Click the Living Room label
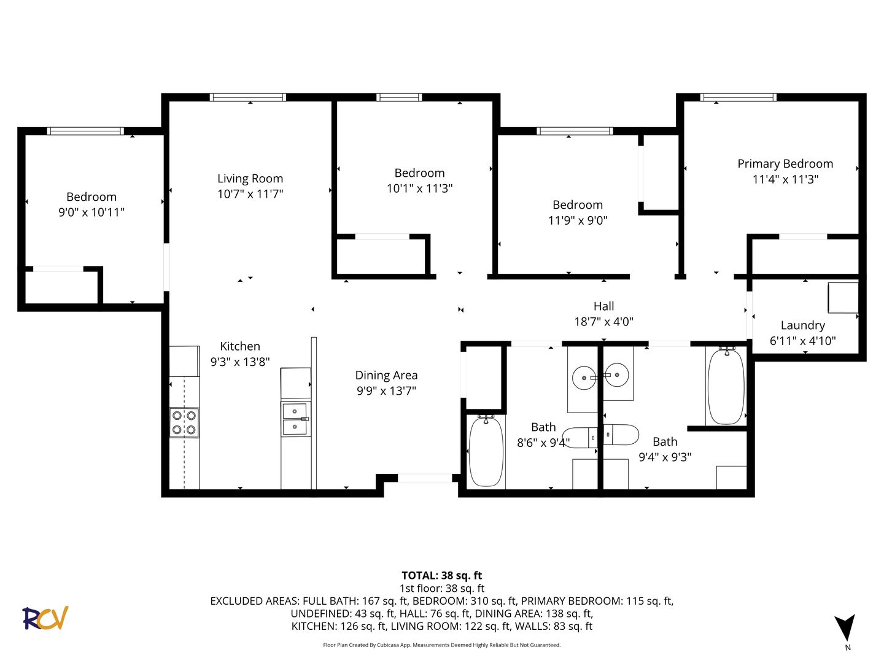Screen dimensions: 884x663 tap(250, 178)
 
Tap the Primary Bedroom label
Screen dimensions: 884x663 tap(785, 165)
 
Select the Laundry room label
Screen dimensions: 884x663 tap(802, 325)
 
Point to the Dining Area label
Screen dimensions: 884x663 tap(386, 375)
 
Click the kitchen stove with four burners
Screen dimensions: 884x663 tap(184, 423)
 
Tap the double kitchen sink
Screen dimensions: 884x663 tap(296, 419)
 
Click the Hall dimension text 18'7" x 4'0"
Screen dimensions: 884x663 tap(603, 322)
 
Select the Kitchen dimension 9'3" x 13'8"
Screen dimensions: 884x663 tap(240, 362)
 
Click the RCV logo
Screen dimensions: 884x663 tap(45, 618)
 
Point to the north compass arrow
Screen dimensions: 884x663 tap(844, 627)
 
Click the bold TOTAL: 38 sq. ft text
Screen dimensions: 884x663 tap(442, 575)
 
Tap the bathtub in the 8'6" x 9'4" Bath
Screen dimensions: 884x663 tap(486, 451)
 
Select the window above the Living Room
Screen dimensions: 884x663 tap(247, 97)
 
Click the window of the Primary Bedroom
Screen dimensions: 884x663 tap(739, 97)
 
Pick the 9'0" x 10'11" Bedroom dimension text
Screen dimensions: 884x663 tap(91, 212)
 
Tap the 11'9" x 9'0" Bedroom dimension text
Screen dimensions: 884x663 tap(578, 220)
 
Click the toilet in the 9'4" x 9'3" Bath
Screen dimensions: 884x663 tap(621, 435)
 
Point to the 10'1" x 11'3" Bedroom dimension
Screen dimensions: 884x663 tap(420, 188)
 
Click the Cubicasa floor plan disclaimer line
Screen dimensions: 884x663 tap(442, 645)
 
